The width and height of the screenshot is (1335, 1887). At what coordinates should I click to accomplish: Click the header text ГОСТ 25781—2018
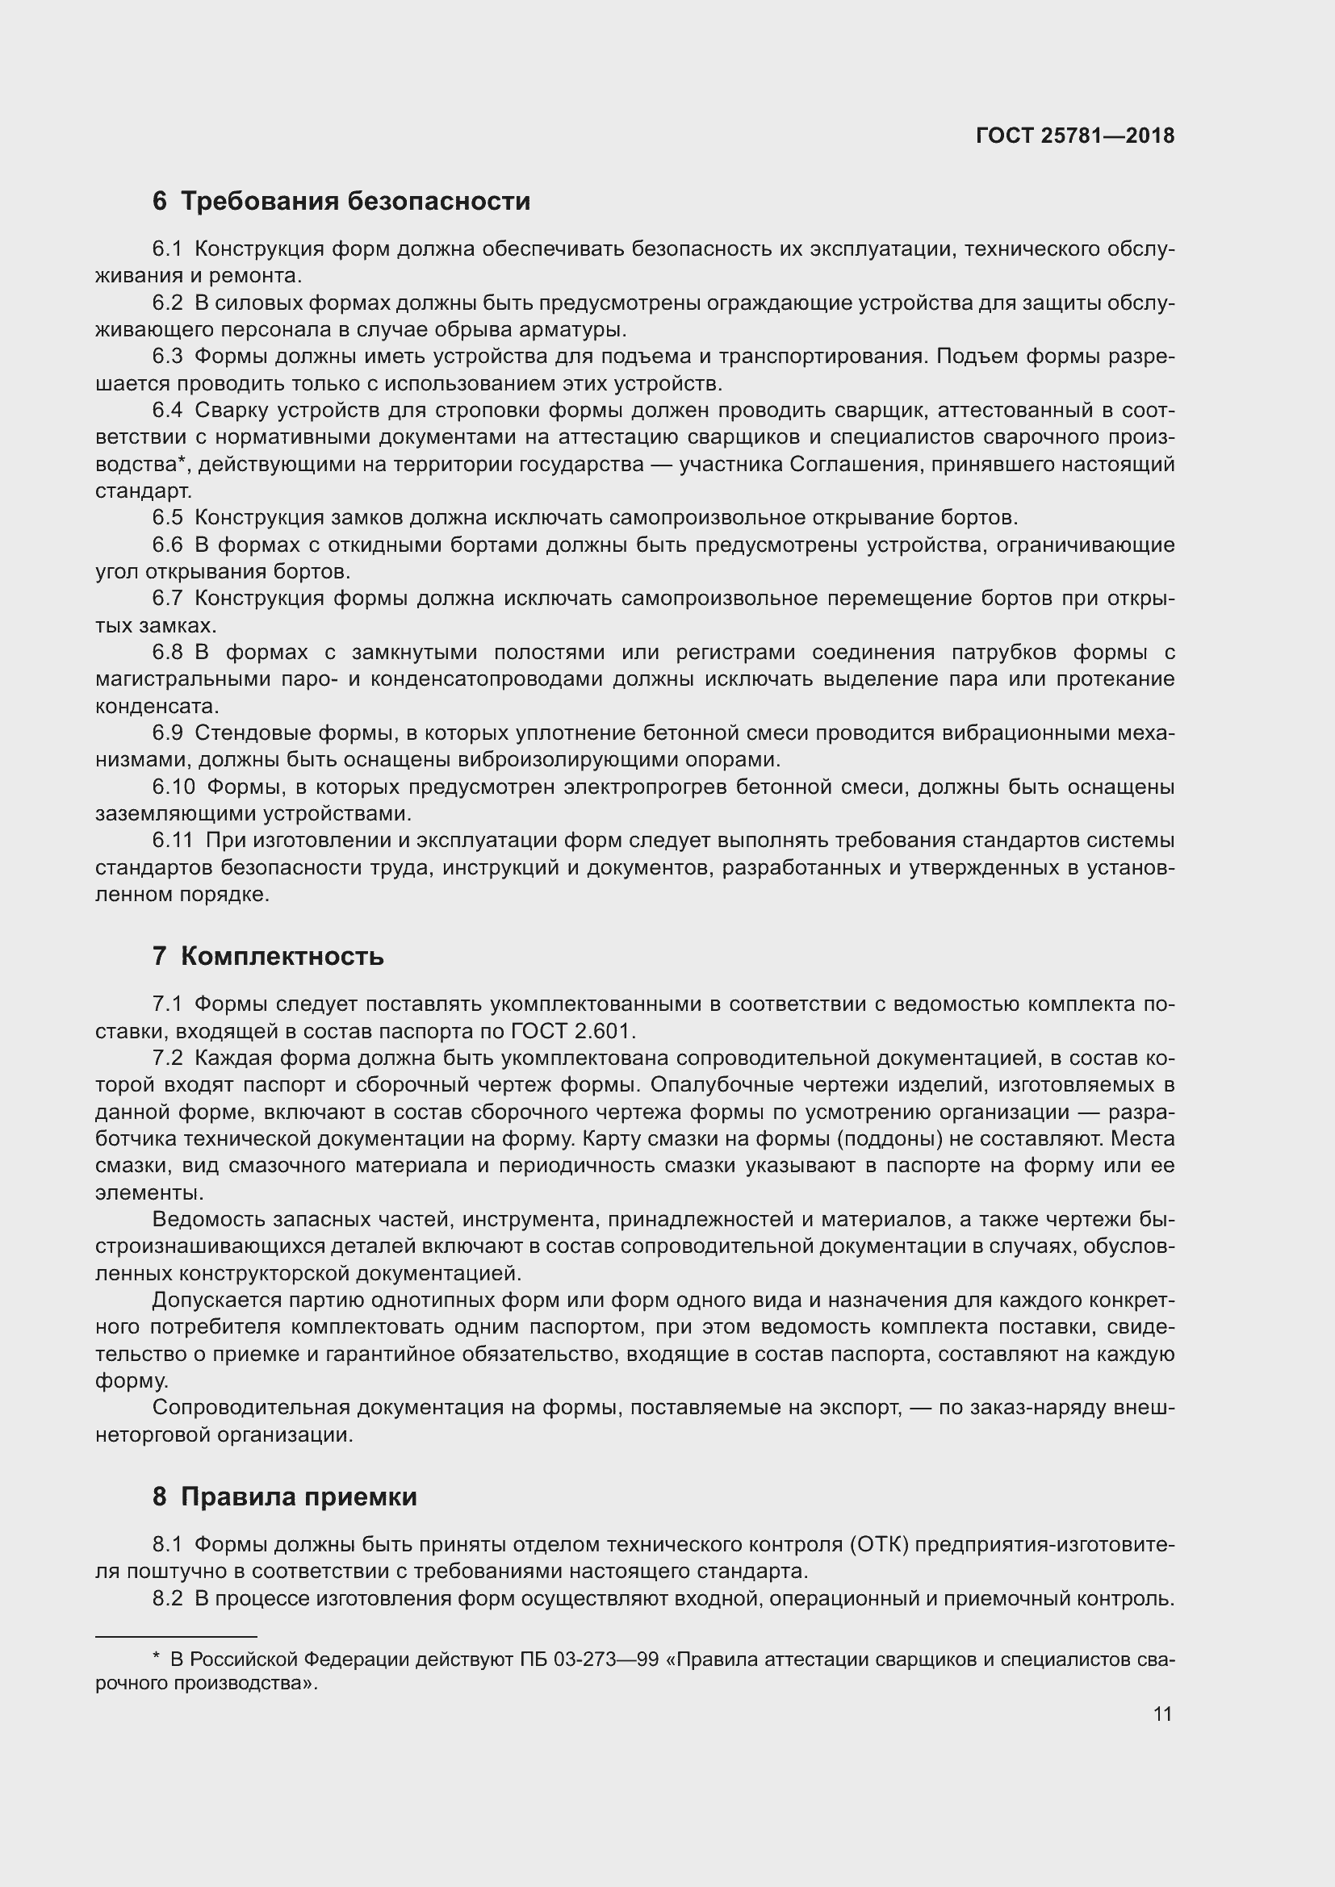point(1075,136)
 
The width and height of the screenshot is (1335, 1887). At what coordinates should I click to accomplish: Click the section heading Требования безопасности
point(355,201)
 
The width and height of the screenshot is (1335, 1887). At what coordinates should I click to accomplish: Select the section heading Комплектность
point(282,956)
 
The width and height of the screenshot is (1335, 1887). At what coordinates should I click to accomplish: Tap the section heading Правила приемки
point(299,1497)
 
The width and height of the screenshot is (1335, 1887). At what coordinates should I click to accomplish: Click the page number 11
point(1162,1714)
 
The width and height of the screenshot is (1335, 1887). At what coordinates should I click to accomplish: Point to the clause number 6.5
point(168,518)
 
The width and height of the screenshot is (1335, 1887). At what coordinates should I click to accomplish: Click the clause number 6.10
point(174,787)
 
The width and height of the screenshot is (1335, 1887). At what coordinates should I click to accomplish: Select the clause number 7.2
point(168,1058)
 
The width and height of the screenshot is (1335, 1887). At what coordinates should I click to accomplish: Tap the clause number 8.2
point(168,1598)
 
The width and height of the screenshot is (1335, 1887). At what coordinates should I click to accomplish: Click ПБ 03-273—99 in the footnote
point(588,1659)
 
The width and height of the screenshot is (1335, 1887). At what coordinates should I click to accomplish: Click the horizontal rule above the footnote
point(176,1636)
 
